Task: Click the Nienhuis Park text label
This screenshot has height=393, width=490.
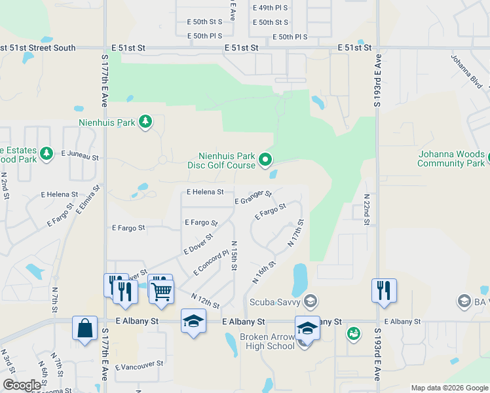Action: pyautogui.click(x=107, y=122)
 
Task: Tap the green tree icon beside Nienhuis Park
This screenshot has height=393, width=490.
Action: pyautogui.click(x=145, y=122)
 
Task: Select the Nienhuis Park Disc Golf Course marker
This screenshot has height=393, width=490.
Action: pyautogui.click(x=265, y=159)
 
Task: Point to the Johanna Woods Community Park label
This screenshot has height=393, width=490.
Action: pyautogui.click(x=451, y=159)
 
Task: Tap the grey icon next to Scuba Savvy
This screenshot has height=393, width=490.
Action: pyautogui.click(x=311, y=301)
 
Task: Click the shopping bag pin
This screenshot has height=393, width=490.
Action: pyautogui.click(x=85, y=327)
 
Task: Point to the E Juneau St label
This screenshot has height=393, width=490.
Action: pyautogui.click(x=80, y=157)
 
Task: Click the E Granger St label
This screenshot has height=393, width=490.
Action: pyautogui.click(x=253, y=196)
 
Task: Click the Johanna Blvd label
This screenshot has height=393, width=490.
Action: pyautogui.click(x=466, y=71)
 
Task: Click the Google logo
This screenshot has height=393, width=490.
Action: pyautogui.click(x=22, y=385)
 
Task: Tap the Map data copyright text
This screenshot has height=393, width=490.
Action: pyautogui.click(x=449, y=388)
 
